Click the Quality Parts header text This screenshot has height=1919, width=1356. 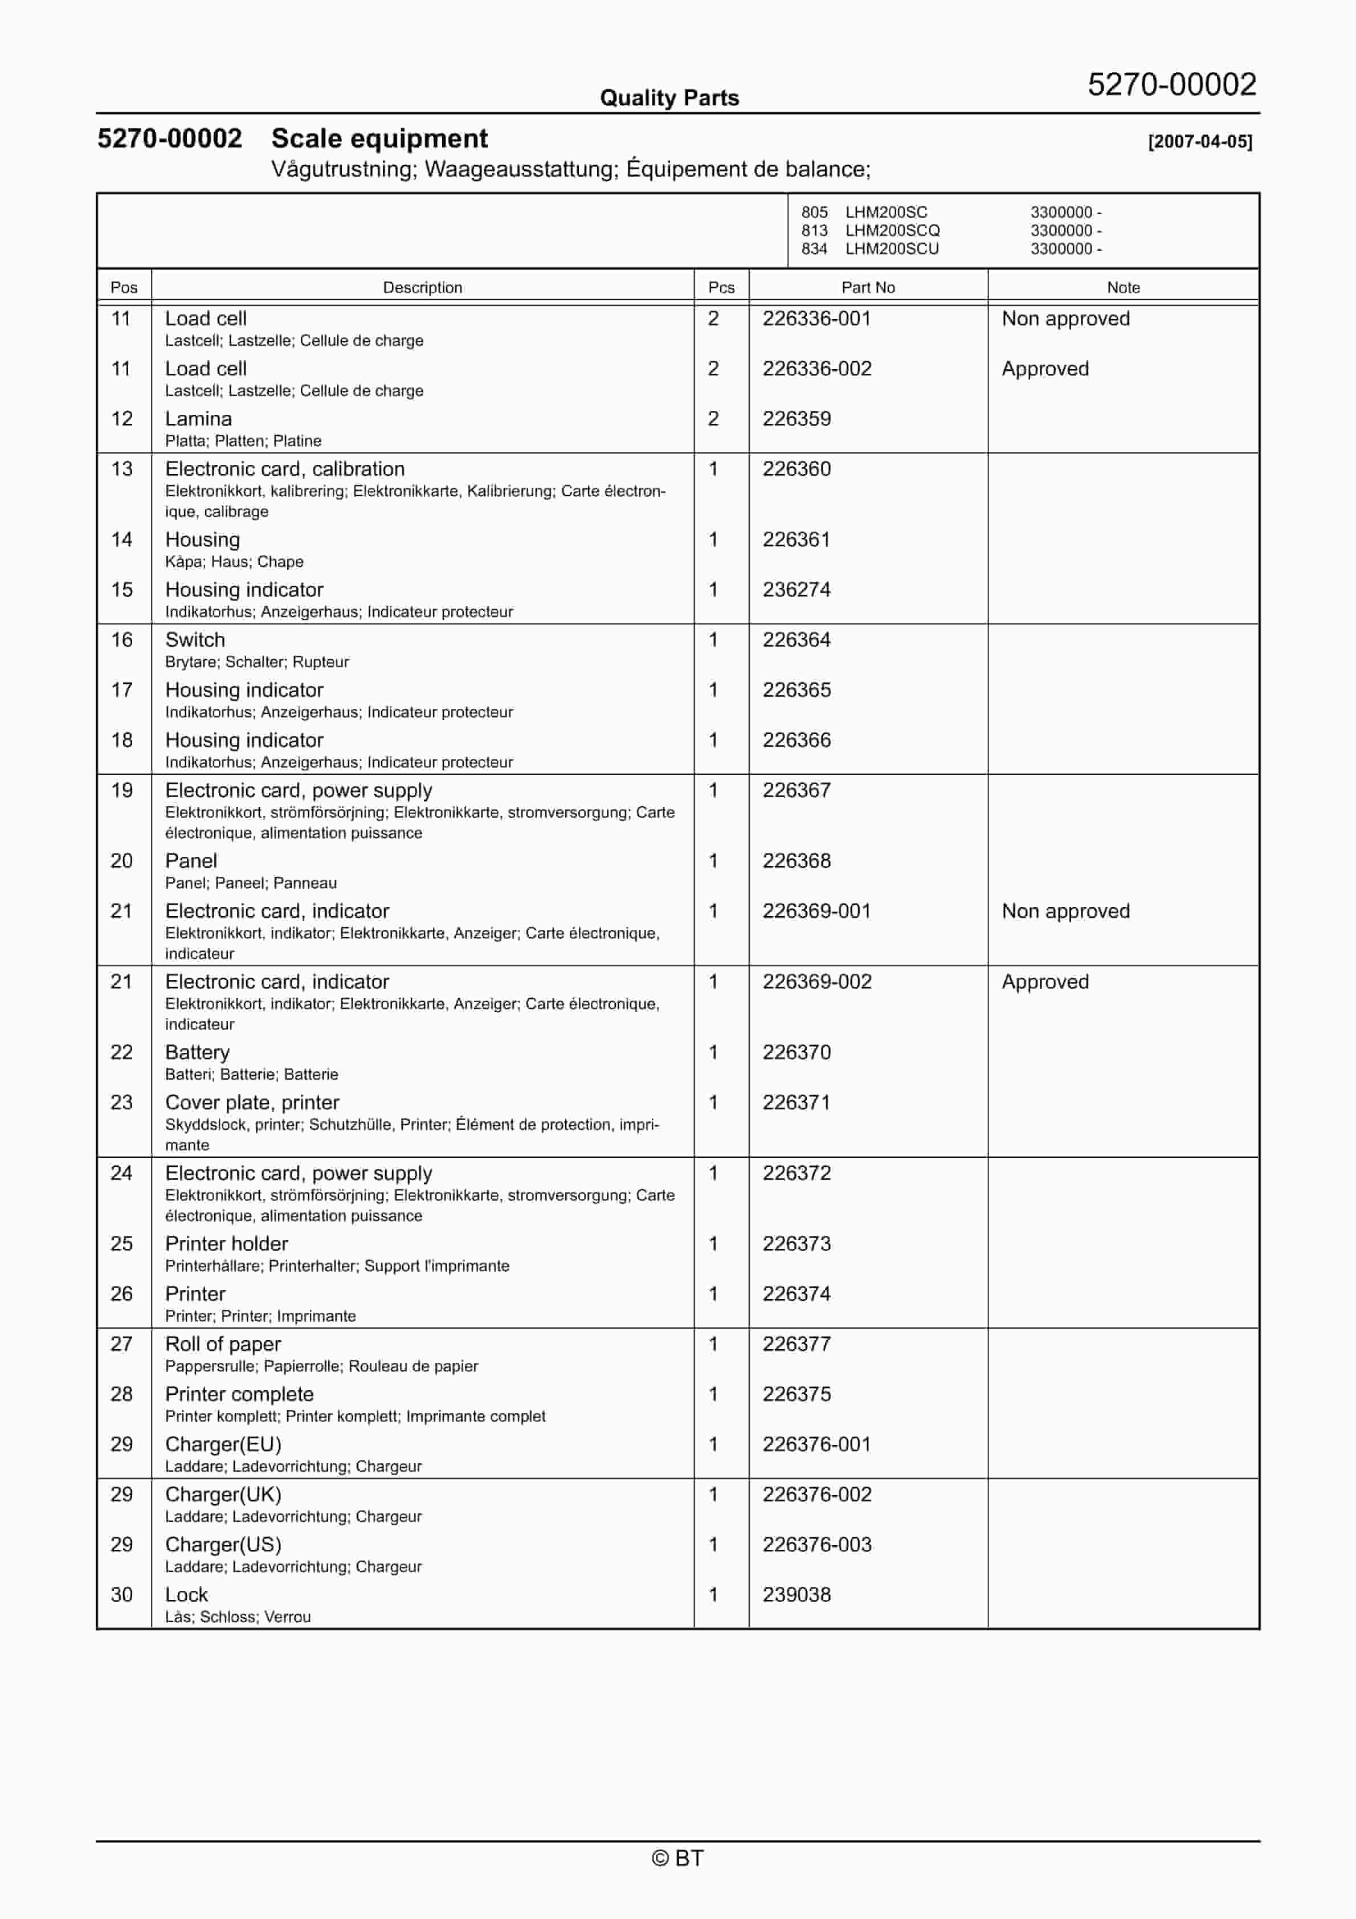(x=669, y=98)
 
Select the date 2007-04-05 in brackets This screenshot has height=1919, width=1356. (x=1200, y=141)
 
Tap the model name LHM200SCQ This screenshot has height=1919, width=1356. (x=892, y=230)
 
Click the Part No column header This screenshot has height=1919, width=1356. (x=868, y=288)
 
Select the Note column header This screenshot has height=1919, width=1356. (x=1123, y=288)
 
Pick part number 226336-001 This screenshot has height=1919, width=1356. (x=816, y=319)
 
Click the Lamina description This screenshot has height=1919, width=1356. (x=198, y=419)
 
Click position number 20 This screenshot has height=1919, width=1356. (x=122, y=861)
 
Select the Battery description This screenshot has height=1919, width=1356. (x=197, y=1052)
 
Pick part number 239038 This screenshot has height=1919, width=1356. (x=796, y=1595)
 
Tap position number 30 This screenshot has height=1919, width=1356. (x=122, y=1595)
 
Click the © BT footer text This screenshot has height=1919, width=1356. (x=677, y=1858)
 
